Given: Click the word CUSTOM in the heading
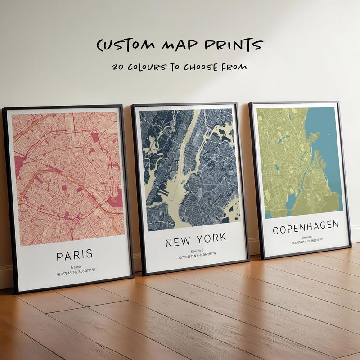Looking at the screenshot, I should [119, 45].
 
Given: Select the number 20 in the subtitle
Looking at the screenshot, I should [119, 67].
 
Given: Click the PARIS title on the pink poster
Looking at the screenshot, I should [75, 255].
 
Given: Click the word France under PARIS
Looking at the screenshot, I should [75, 266].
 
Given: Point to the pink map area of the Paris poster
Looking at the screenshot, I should [67, 180].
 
